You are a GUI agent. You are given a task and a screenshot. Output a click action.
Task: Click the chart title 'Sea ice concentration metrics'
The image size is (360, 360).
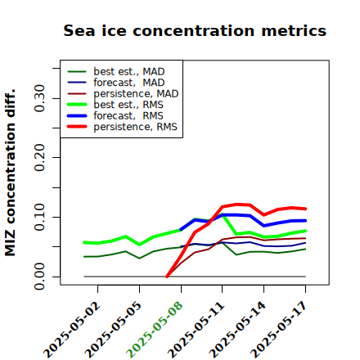tap(195, 30)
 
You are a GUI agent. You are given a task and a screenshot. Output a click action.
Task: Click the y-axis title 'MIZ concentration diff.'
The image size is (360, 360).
tap(10, 173)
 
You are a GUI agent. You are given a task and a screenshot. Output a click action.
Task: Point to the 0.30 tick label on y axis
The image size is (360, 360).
tap(39, 98)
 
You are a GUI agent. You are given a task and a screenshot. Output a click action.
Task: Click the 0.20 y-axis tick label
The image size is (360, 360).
tap(39, 158)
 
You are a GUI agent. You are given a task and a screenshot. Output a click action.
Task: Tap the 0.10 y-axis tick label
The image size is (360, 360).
tap(39, 217)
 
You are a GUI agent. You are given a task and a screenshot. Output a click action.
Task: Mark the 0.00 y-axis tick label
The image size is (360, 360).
tap(39, 277)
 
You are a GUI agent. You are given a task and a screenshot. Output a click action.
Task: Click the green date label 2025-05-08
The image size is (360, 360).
tap(155, 330)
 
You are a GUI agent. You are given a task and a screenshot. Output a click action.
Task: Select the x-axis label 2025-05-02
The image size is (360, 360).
tap(71, 330)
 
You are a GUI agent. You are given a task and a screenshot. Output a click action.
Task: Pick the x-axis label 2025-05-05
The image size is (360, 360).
tap(113, 330)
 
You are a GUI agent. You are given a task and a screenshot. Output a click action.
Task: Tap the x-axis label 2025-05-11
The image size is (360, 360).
tap(196, 330)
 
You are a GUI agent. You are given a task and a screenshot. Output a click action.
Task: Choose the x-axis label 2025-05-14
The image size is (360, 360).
tap(237, 330)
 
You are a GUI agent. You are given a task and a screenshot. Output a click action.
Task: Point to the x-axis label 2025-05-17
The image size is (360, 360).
tap(279, 330)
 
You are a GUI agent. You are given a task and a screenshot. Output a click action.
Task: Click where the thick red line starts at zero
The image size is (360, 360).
tap(167, 277)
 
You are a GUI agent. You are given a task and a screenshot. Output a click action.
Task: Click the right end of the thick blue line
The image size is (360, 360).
tap(305, 221)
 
